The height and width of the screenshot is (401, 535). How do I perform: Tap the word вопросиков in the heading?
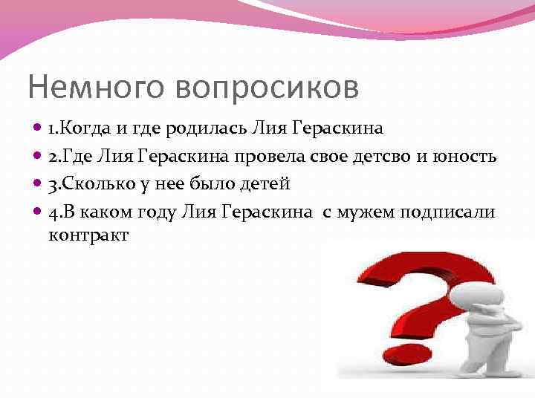coord(267,87)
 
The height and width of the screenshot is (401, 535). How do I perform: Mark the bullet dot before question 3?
coord(38,184)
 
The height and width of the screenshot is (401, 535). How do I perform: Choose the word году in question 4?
coord(157,212)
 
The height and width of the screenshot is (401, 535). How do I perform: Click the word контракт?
coord(88,235)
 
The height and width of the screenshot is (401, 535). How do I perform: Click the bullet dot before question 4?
coord(38,212)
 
